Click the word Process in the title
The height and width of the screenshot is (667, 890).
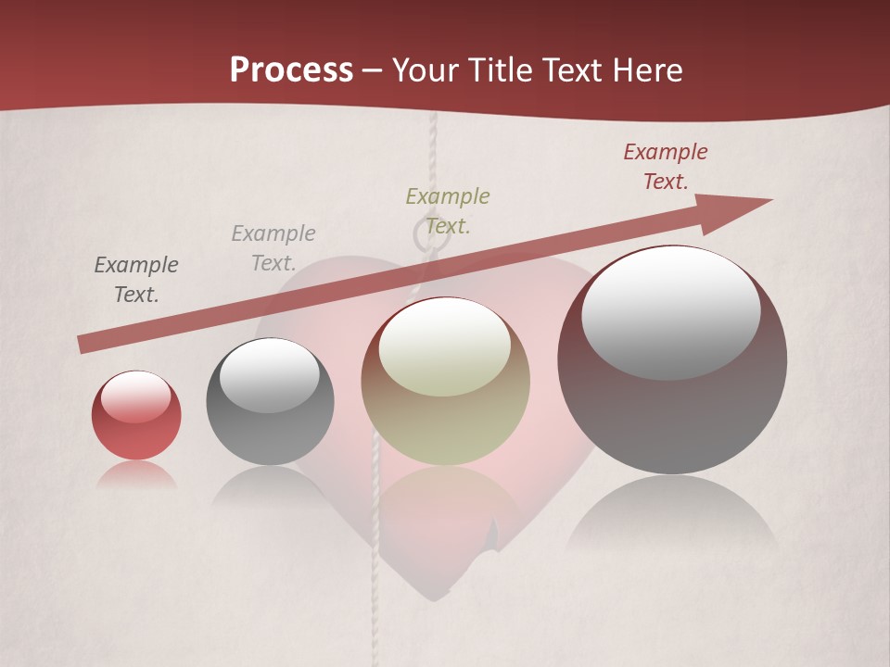[291, 69]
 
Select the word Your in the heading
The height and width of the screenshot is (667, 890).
[426, 70]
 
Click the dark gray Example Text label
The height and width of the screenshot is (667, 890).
[136, 280]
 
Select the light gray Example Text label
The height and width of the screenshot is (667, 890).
[273, 247]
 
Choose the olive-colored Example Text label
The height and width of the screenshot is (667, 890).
[448, 210]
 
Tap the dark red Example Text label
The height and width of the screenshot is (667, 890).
[666, 167]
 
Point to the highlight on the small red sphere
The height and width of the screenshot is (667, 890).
[135, 397]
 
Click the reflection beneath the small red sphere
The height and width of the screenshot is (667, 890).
[136, 476]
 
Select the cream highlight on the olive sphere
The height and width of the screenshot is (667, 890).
[445, 347]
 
